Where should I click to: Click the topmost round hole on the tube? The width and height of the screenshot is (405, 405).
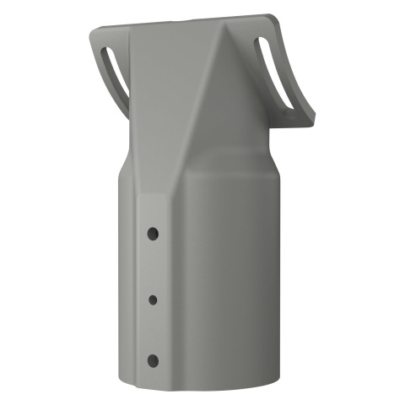pyautogui.click(x=153, y=231)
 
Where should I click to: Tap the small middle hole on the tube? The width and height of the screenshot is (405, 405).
pyautogui.click(x=153, y=299)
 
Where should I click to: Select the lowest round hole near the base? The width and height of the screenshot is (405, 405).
pyautogui.click(x=153, y=360)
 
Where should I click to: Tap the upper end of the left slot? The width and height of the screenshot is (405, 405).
pyautogui.click(x=108, y=52)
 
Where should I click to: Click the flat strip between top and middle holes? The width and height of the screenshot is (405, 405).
pyautogui.click(x=153, y=265)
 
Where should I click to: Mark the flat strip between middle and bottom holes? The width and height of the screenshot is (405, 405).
pyautogui.click(x=153, y=330)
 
